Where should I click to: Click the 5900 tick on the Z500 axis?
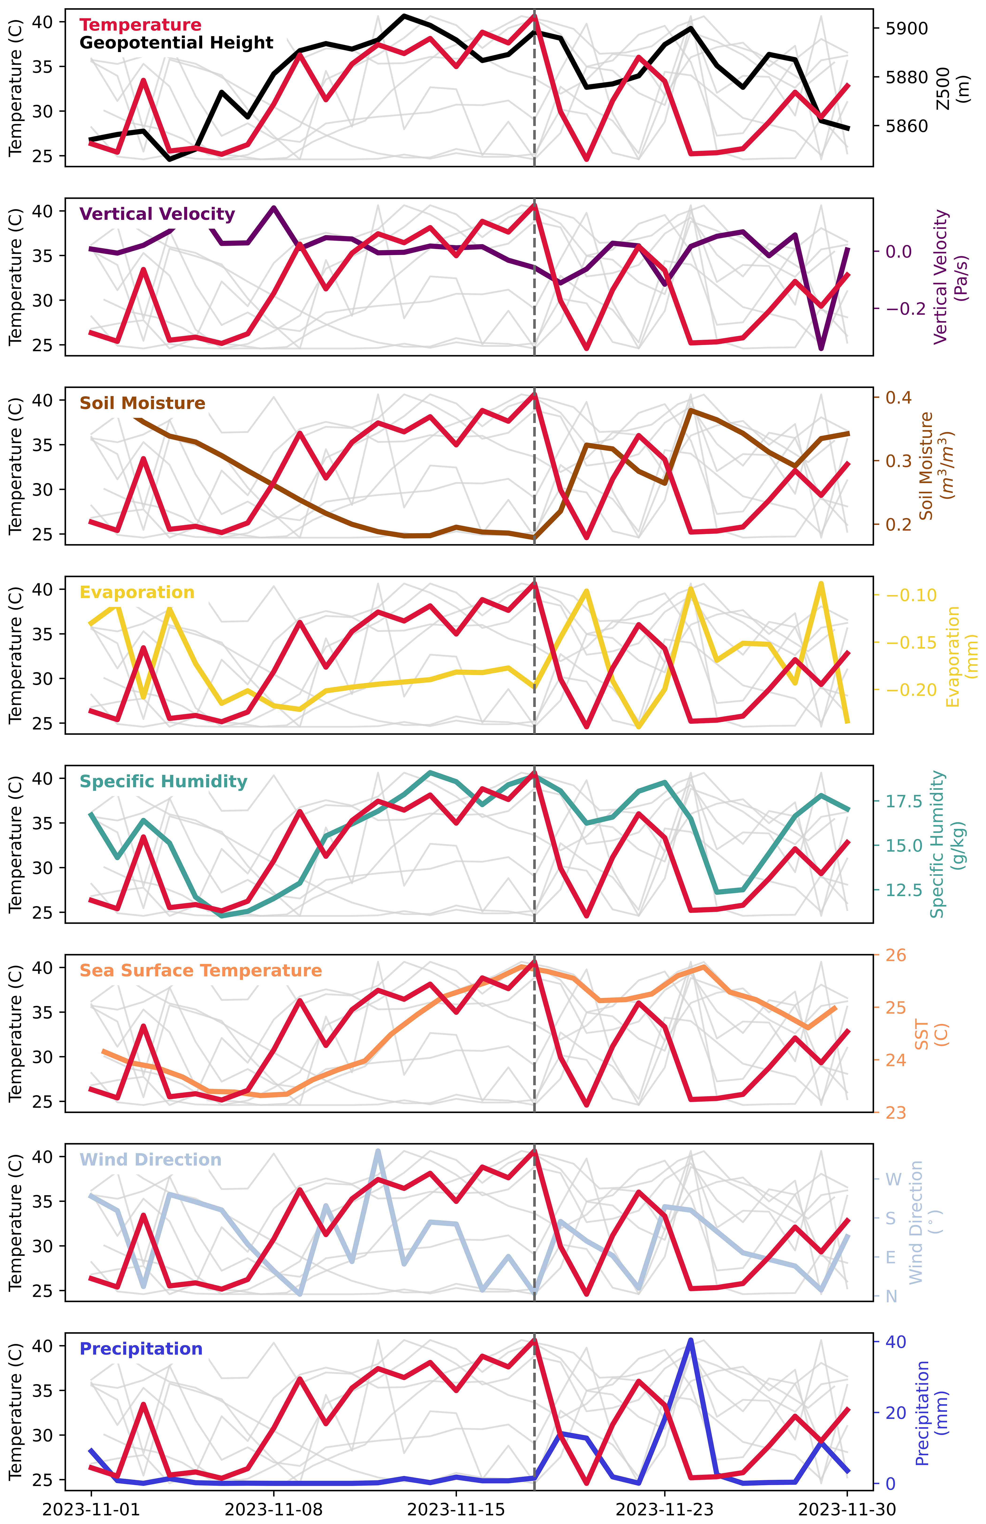[906, 29]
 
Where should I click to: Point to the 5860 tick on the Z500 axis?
[906, 126]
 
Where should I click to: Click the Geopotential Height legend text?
[176, 43]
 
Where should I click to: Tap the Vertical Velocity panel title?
[157, 214]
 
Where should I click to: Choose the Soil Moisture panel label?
[142, 403]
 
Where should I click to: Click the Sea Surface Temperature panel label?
[200, 970]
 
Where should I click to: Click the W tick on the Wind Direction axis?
[893, 1179]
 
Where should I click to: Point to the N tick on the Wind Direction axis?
[891, 1296]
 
